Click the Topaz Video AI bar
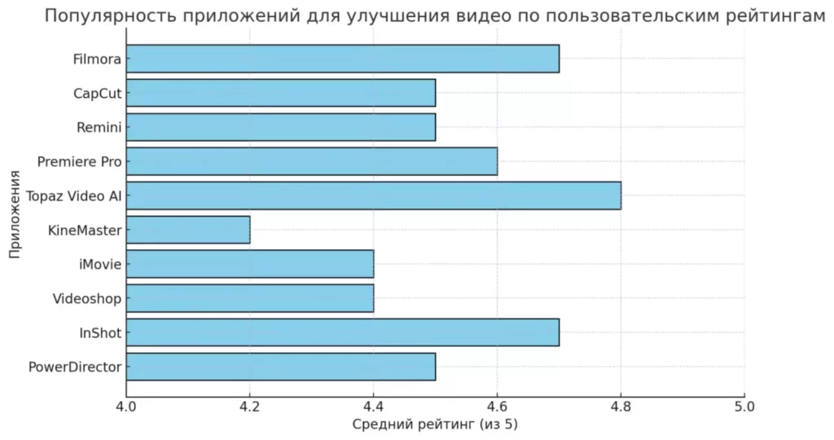point(373,196)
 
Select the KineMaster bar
point(188,230)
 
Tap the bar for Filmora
point(343,59)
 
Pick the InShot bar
point(343,332)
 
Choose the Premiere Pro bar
point(312,161)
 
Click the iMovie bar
point(250,264)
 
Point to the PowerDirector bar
point(281,367)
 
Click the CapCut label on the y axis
point(98,94)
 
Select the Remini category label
point(99,128)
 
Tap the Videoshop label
point(87,299)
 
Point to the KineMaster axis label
point(85,231)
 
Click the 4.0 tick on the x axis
point(126,407)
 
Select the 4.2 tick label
point(249,407)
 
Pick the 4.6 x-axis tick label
point(497,407)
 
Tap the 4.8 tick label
point(621,407)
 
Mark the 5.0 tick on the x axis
point(744,407)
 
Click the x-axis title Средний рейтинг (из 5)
point(435,425)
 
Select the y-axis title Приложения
point(15,214)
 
